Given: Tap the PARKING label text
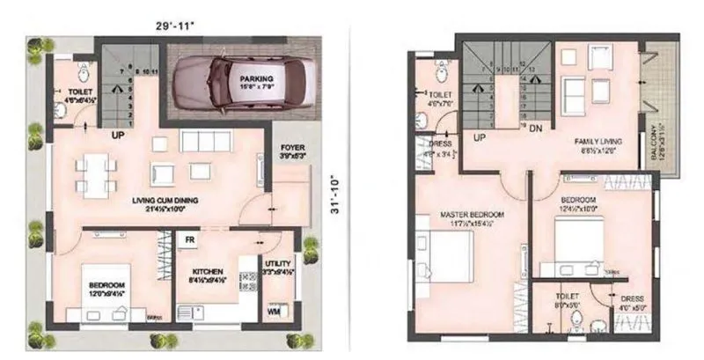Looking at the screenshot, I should click(257, 78).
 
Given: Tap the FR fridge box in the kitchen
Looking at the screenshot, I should click(189, 239).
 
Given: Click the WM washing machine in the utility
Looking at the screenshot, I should click(274, 312).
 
